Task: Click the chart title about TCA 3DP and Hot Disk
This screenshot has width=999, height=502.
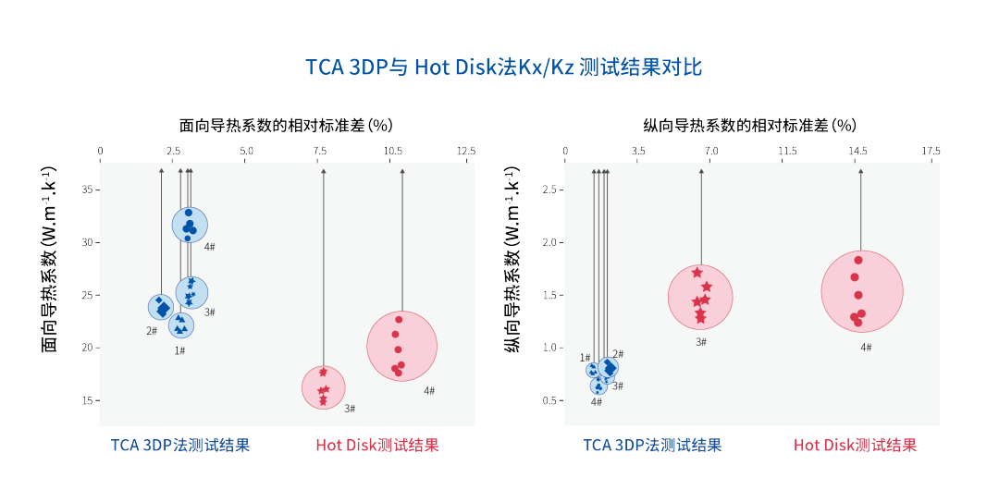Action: pos(504,67)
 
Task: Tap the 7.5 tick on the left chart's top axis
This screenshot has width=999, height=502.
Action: pos(319,151)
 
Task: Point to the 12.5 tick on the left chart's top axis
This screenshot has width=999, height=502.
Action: pos(465,151)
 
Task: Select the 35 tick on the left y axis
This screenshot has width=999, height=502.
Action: pos(88,190)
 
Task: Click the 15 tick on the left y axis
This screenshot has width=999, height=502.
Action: pos(88,400)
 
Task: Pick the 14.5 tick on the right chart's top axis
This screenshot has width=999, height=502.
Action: pos(857,151)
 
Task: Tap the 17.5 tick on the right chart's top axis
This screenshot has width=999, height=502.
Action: pos(930,151)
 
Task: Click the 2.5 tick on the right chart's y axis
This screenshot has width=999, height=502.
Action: pos(549,190)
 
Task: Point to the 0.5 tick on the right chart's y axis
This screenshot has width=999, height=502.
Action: pos(549,400)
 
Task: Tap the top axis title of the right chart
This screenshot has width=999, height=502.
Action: pos(749,125)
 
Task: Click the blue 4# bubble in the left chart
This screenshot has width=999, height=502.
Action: pos(190,224)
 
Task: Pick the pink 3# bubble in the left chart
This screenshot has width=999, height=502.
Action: pos(323,387)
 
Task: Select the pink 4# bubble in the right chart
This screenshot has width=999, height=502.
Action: pos(861,291)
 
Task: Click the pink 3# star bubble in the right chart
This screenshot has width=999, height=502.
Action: pos(700,297)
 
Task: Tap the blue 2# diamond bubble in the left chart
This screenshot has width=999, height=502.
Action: pos(161,307)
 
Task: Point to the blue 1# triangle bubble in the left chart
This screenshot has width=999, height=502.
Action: pos(181,324)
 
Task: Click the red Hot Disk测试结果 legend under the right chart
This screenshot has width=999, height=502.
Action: pos(855,446)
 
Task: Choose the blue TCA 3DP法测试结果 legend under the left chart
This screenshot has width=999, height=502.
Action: pos(180,446)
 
